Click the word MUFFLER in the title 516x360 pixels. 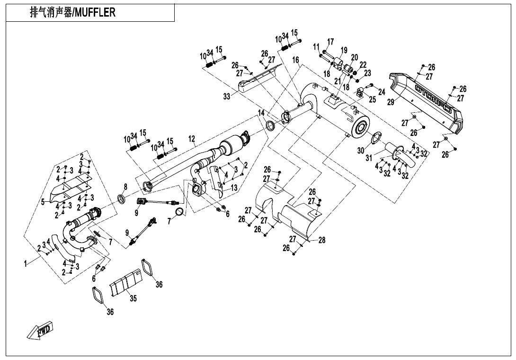(95, 13)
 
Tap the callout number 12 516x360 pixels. (192, 139)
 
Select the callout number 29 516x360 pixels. (391, 102)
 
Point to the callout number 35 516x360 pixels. (133, 299)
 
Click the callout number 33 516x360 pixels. (227, 97)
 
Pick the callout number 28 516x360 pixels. (322, 240)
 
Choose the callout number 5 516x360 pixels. (43, 202)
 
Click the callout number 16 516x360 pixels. (295, 60)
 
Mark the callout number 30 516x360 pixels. (361, 151)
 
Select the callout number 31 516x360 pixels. (369, 158)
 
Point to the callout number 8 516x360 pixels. (125, 186)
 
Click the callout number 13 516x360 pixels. (233, 188)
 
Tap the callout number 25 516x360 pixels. (373, 99)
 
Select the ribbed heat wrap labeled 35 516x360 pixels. (126, 283)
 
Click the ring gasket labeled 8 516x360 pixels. (121, 198)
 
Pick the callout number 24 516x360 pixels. (382, 91)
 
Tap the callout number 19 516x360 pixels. (344, 50)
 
